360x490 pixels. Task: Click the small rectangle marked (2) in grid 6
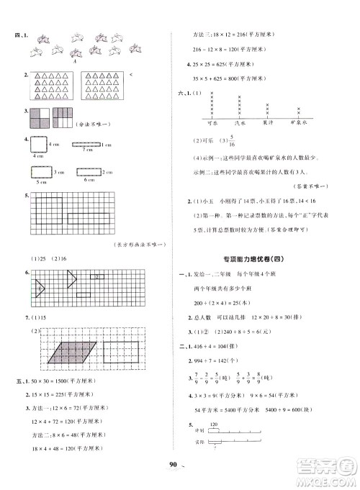click(96, 276)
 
